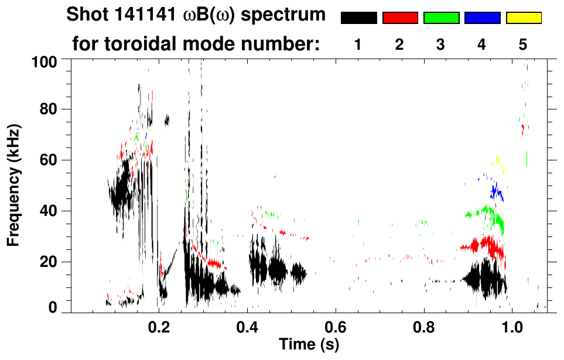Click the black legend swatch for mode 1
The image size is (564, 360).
click(x=358, y=18)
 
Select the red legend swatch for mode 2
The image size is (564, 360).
click(x=400, y=18)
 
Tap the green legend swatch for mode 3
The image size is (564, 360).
click(x=441, y=18)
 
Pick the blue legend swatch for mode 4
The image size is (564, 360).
click(x=482, y=18)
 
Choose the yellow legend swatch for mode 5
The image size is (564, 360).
click(x=524, y=18)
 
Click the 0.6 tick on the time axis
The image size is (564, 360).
click(x=336, y=325)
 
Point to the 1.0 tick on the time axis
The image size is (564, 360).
click(x=512, y=325)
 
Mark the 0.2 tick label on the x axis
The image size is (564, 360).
click(x=159, y=325)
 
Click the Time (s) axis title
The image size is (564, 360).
click(x=309, y=345)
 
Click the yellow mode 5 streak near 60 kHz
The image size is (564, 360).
click(x=498, y=163)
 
